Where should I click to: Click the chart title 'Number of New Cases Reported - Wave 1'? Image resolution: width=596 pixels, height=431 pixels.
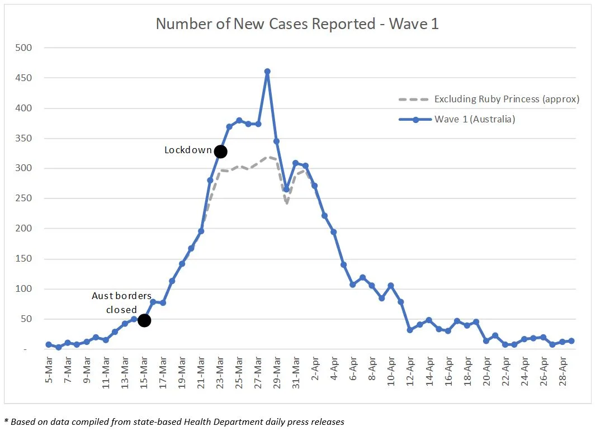point(297,24)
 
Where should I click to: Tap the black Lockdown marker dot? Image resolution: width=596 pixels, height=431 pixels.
point(220,151)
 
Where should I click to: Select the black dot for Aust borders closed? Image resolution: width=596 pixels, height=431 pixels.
point(144,320)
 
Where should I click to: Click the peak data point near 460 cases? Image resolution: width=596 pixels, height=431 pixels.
point(267,72)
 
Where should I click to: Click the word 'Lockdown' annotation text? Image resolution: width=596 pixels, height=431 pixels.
point(188,150)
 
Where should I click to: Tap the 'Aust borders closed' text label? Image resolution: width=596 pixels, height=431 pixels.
point(122,303)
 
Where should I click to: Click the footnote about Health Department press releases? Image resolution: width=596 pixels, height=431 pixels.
point(174,422)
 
